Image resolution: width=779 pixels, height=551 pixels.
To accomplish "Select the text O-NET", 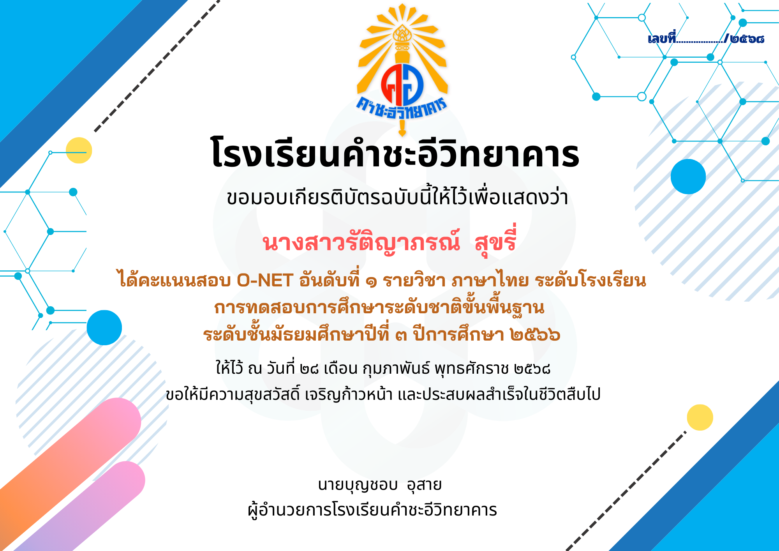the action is (x=265, y=281).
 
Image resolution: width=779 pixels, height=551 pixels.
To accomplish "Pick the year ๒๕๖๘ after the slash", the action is (x=747, y=39).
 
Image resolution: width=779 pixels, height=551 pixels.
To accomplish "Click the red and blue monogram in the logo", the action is (x=402, y=85).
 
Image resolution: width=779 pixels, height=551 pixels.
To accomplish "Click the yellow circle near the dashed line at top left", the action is (x=79, y=150).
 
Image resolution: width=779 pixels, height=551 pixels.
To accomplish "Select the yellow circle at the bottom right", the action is (x=700, y=417).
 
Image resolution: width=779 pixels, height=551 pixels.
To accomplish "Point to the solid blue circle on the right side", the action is (x=688, y=177).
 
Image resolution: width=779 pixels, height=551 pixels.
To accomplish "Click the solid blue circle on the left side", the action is (x=104, y=328).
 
